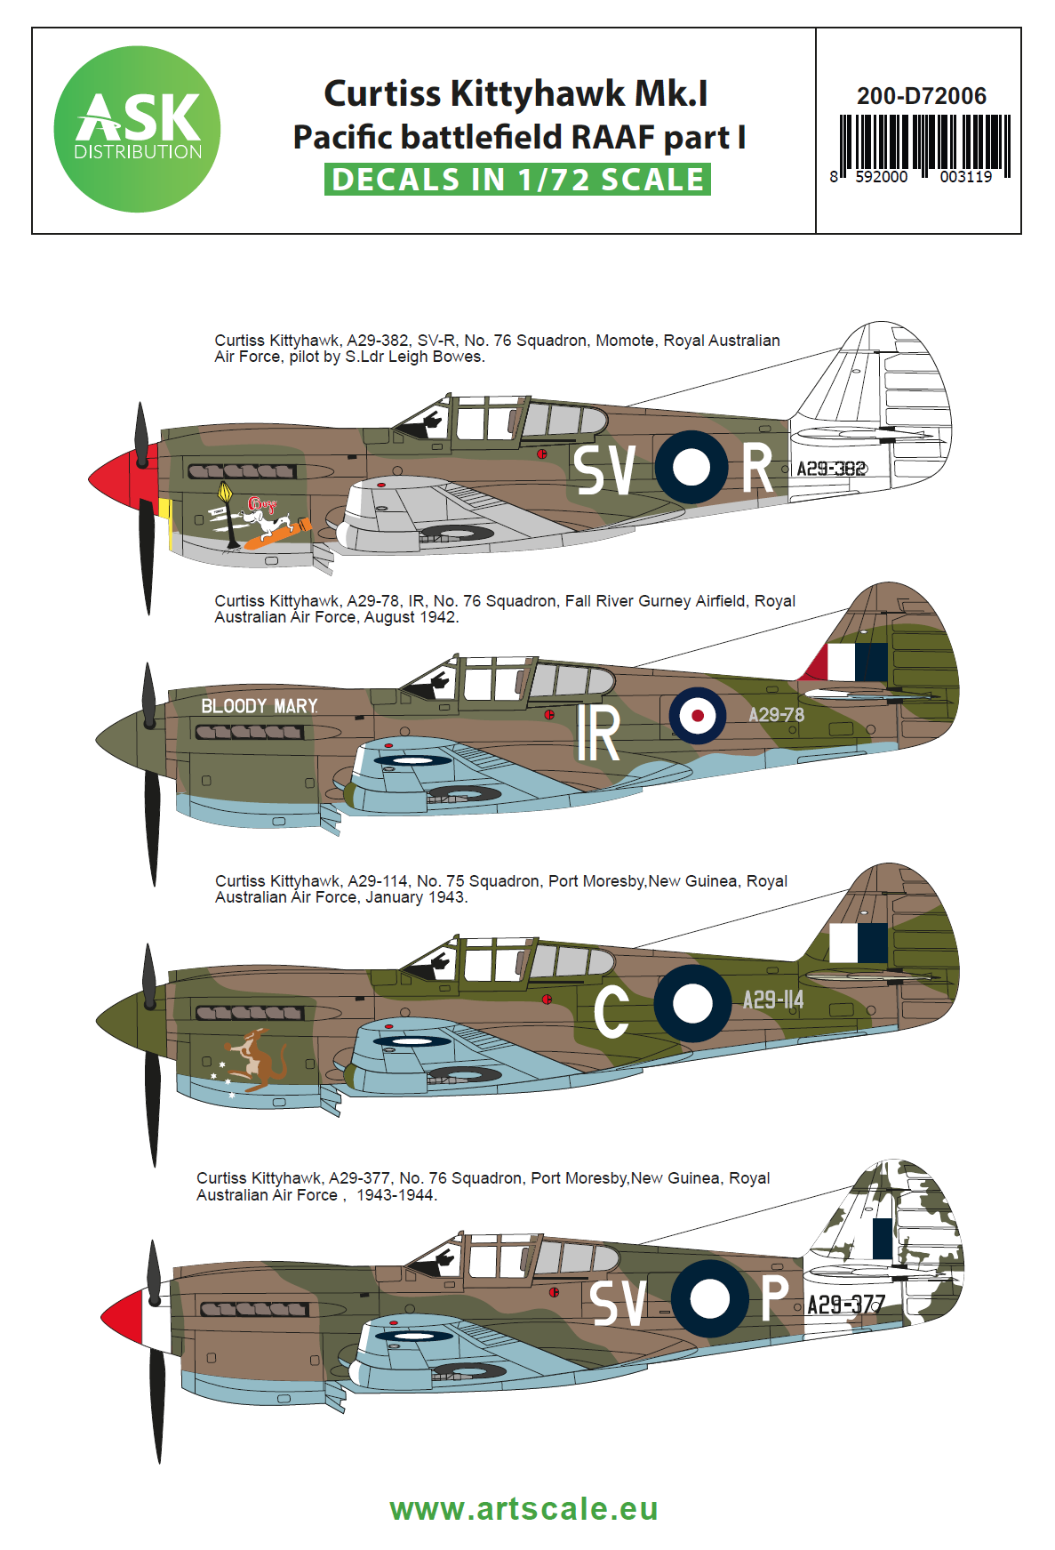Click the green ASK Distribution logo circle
[x=137, y=129]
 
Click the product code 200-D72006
[x=921, y=96]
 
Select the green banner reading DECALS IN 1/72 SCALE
[x=517, y=180]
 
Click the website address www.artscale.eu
[x=524, y=1509]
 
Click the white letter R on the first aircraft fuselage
[x=757, y=469]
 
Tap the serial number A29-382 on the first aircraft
[x=831, y=469]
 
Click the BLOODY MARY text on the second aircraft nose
[x=259, y=706]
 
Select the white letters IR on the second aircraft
[x=597, y=734]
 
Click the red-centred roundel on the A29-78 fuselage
[x=698, y=715]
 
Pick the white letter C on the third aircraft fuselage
[x=611, y=1011]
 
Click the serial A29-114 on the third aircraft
[x=772, y=1000]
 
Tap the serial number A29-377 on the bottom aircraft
[x=845, y=1305]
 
